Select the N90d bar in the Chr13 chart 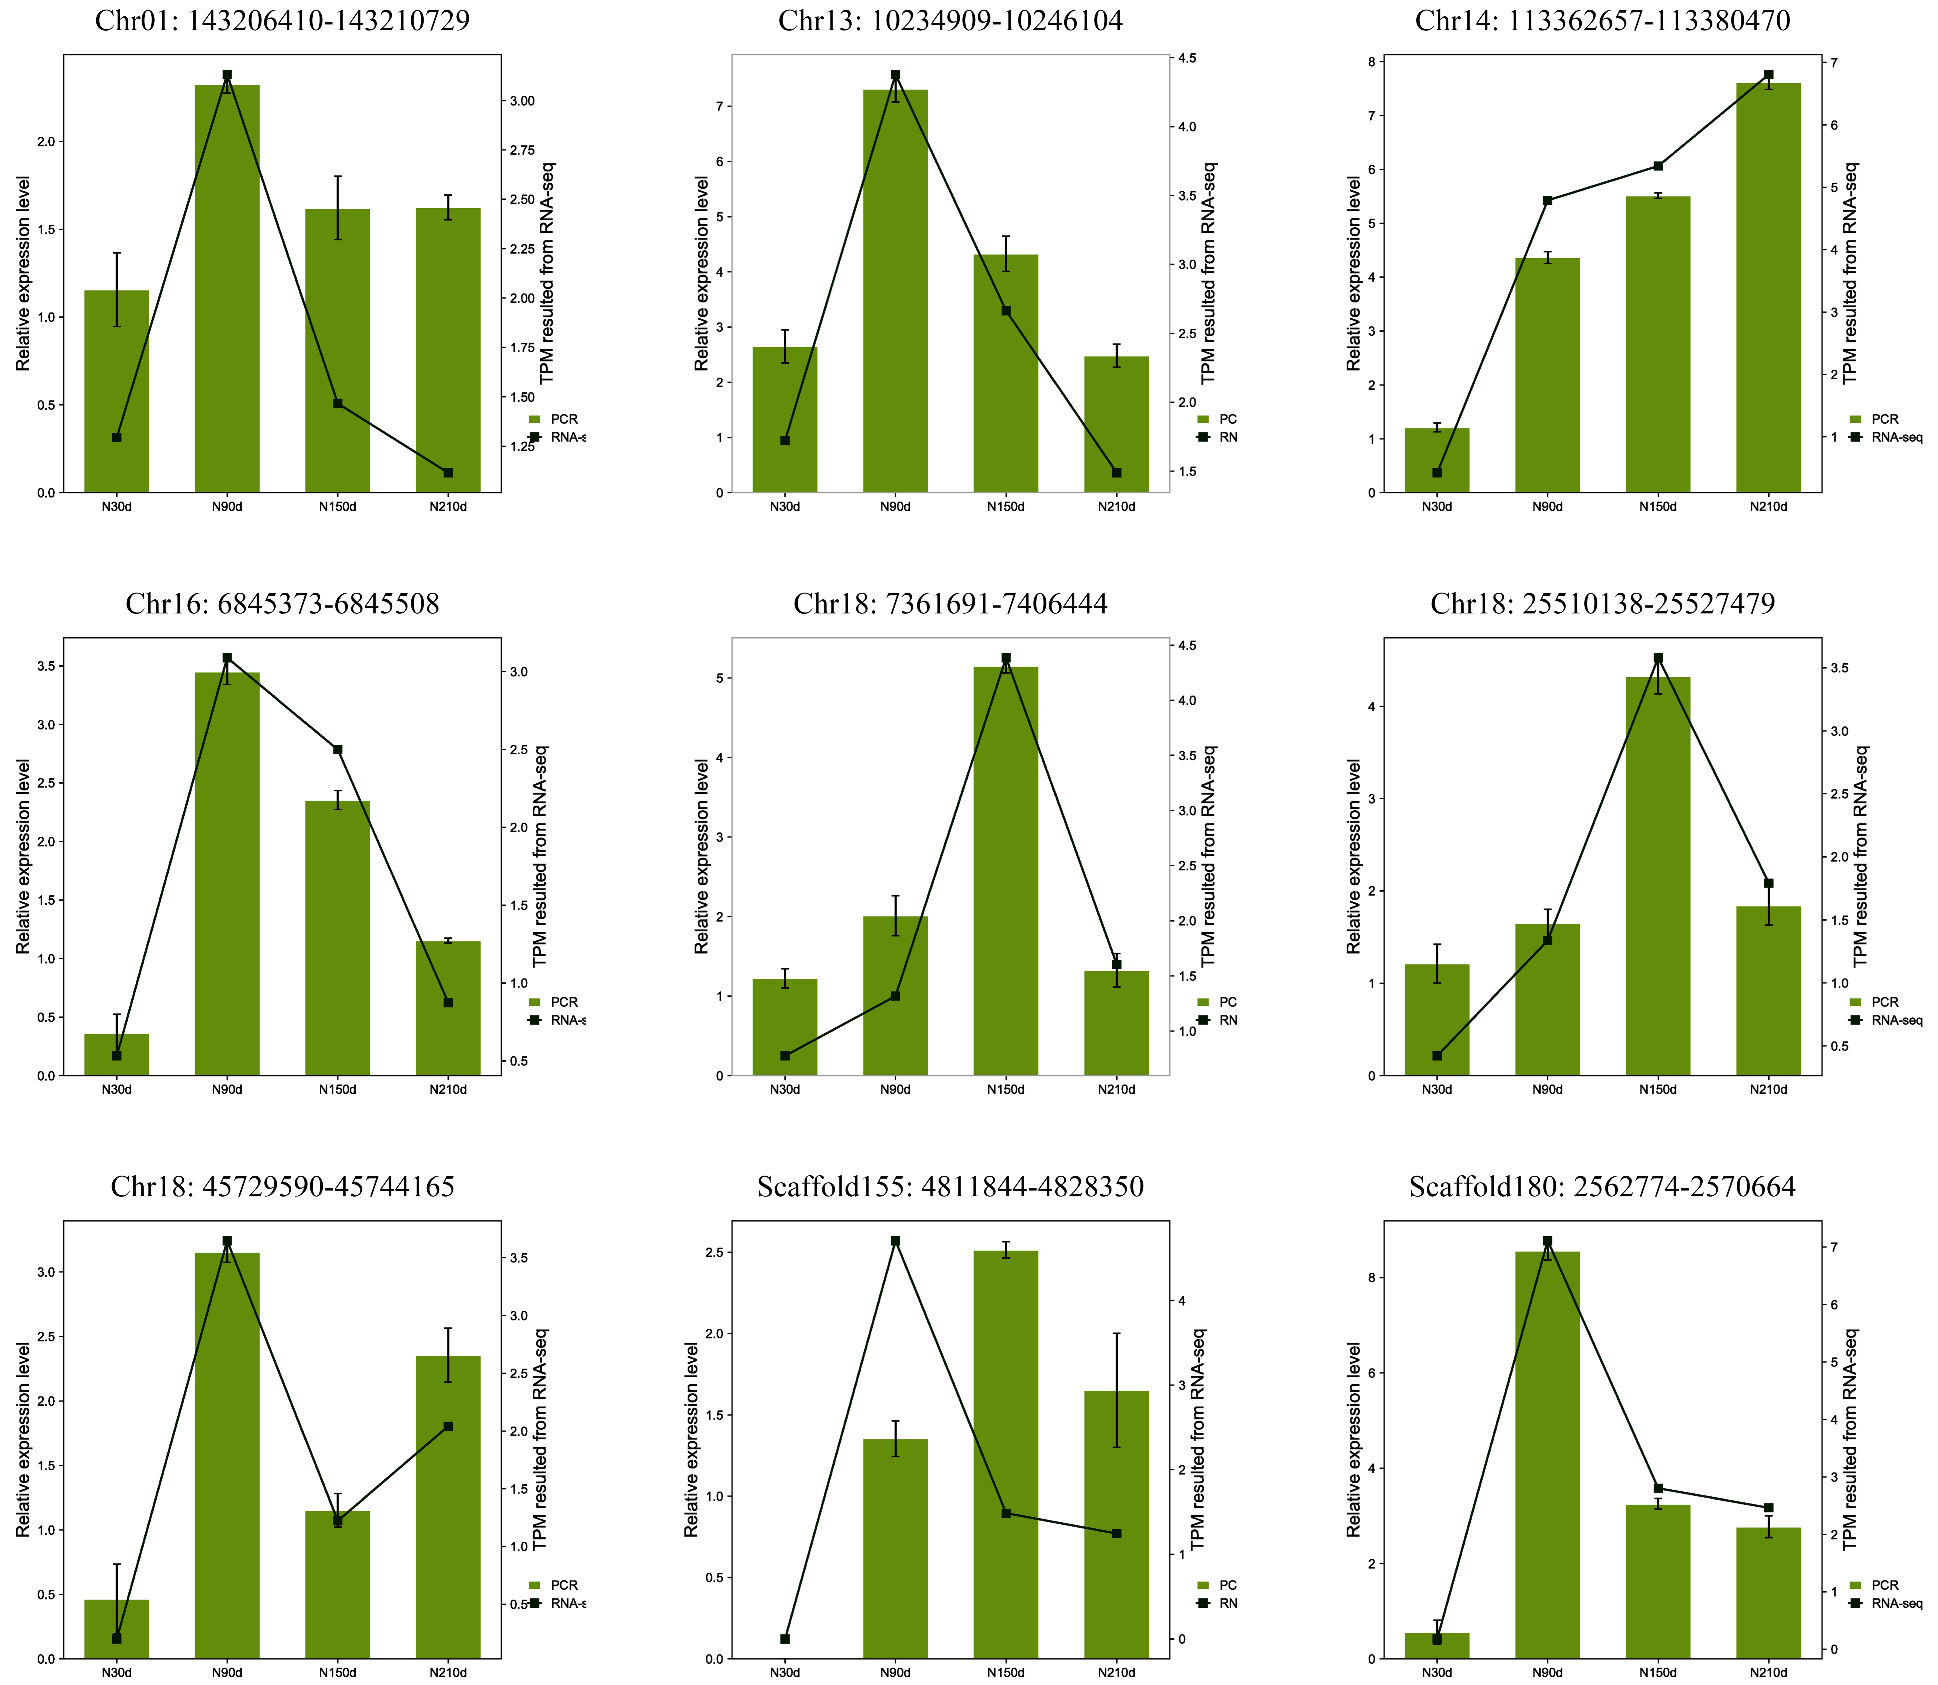(x=895, y=291)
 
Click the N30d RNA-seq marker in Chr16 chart (x=117, y=1055)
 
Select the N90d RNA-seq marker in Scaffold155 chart (x=895, y=1241)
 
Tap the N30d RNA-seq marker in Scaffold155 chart (x=785, y=1639)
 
